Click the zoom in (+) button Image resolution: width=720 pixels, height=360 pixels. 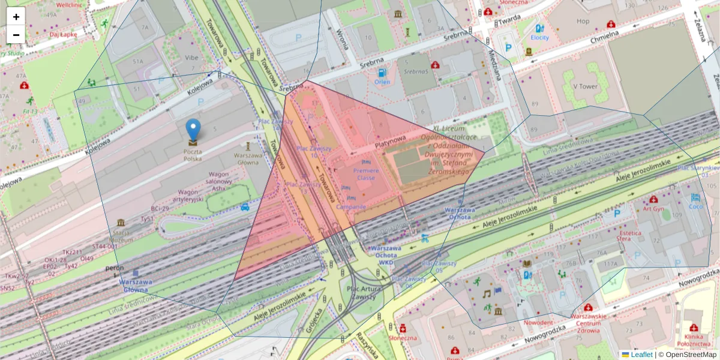point(16,17)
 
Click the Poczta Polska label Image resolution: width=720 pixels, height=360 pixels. point(193,155)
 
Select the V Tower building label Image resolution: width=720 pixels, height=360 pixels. point(585,86)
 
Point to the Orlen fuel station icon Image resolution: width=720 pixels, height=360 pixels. point(382,73)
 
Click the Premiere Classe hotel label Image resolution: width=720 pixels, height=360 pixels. point(365,174)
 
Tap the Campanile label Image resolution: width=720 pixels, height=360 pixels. point(351,207)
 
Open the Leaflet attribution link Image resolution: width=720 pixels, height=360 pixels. point(641,355)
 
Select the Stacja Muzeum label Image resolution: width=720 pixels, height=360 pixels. point(121,236)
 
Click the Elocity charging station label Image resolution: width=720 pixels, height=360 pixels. point(539,37)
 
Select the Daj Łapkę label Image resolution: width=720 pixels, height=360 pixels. point(62,34)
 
